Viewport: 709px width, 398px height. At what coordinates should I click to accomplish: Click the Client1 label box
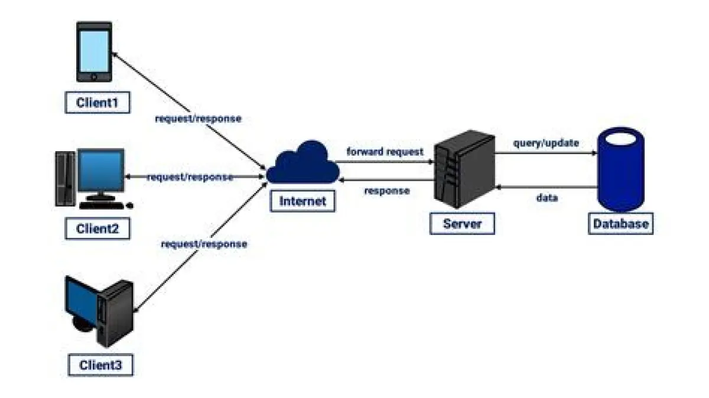pyautogui.click(x=97, y=103)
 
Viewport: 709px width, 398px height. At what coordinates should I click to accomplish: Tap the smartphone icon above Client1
pyautogui.click(x=95, y=52)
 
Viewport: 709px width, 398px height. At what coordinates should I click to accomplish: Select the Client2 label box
pyautogui.click(x=97, y=229)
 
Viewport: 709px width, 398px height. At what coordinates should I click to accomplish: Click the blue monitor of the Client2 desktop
pyautogui.click(x=102, y=171)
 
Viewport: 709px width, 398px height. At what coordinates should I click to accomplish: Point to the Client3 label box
pyautogui.click(x=100, y=365)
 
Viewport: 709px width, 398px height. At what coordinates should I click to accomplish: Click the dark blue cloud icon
pyautogui.click(x=303, y=162)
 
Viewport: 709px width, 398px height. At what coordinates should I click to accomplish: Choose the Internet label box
pyautogui.click(x=303, y=201)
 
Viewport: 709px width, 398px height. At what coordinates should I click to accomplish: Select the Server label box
pyautogui.click(x=463, y=224)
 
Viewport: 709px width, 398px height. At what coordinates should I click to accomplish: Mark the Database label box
pyautogui.click(x=620, y=224)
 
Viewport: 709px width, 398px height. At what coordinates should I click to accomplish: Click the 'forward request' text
pyautogui.click(x=385, y=152)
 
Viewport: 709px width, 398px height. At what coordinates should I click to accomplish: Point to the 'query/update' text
pyautogui.click(x=545, y=142)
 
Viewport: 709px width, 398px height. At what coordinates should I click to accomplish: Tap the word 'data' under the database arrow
pyautogui.click(x=547, y=198)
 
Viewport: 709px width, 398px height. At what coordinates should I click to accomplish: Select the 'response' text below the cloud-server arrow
pyautogui.click(x=387, y=191)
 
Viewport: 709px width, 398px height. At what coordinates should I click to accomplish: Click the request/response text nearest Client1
pyautogui.click(x=198, y=118)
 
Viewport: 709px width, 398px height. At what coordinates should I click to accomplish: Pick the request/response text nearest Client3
pyautogui.click(x=204, y=243)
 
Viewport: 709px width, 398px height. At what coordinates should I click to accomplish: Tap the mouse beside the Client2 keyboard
pyautogui.click(x=130, y=205)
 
